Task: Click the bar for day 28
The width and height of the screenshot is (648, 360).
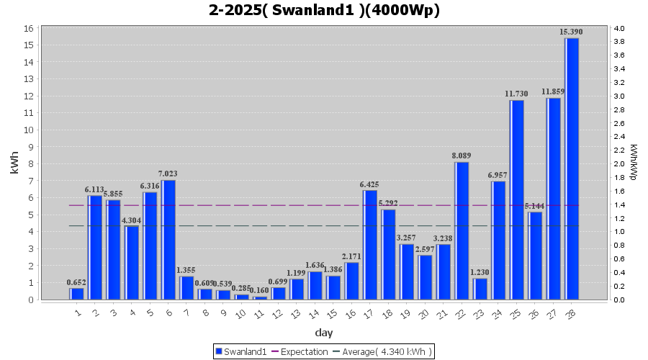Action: pos(572,168)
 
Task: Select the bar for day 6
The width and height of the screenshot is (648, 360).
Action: pos(168,240)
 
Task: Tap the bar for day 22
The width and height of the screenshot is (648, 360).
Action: pos(462,230)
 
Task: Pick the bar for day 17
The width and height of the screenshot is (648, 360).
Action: pos(370,245)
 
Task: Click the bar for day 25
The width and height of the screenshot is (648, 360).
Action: pos(517,199)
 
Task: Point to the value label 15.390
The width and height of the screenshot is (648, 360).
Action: pos(572,32)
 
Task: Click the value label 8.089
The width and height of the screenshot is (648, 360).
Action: pos(462,156)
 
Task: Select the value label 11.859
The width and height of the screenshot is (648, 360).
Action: pos(554,91)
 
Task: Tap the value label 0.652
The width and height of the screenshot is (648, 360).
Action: pos(76,282)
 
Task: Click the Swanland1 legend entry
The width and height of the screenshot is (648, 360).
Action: pos(241,351)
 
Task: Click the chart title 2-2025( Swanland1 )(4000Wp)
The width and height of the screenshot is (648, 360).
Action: pos(324,11)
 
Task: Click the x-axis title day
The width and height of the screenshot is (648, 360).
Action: pos(323,333)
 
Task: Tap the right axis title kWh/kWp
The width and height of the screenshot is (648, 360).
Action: pos(633,163)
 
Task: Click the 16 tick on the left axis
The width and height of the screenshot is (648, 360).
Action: pos(29,28)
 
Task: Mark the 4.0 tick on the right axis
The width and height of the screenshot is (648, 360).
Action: pos(619,28)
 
